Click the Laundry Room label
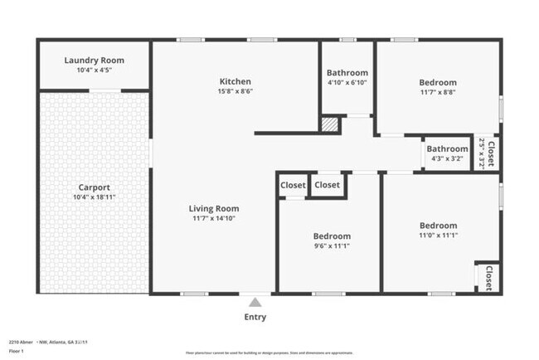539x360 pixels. click(x=94, y=61)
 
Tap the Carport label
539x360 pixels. click(x=94, y=187)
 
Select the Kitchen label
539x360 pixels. click(x=235, y=81)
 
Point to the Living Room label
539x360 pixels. click(x=214, y=208)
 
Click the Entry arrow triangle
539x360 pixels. click(x=255, y=303)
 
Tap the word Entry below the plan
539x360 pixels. click(x=255, y=317)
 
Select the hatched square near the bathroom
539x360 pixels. click(x=330, y=124)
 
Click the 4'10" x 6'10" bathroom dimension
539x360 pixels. click(x=347, y=82)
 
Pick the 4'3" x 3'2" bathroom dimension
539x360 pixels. click(x=447, y=158)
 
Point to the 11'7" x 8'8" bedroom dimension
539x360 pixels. click(x=437, y=92)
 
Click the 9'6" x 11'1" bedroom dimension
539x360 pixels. click(x=331, y=246)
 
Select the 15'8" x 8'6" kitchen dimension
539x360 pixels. click(x=235, y=91)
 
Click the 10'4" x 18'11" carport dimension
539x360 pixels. click(x=94, y=197)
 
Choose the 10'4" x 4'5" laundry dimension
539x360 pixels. click(x=94, y=70)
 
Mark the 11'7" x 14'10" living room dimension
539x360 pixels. click(x=214, y=218)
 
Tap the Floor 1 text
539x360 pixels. click(x=17, y=350)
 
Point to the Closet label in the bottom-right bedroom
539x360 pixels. click(x=490, y=278)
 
